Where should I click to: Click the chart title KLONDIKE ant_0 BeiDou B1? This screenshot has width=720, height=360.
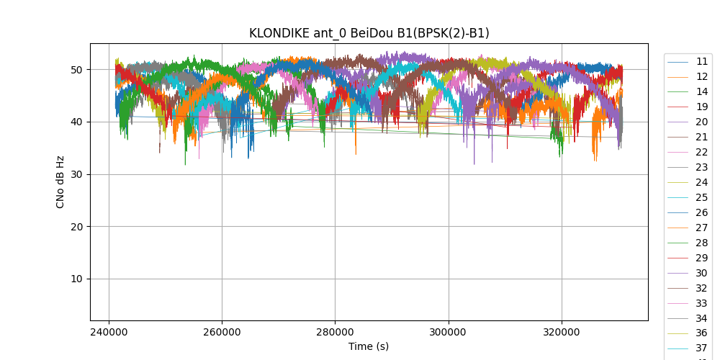[369, 33]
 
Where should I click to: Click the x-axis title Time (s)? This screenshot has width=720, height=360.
[369, 346]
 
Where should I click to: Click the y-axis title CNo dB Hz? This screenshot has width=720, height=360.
[60, 181]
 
